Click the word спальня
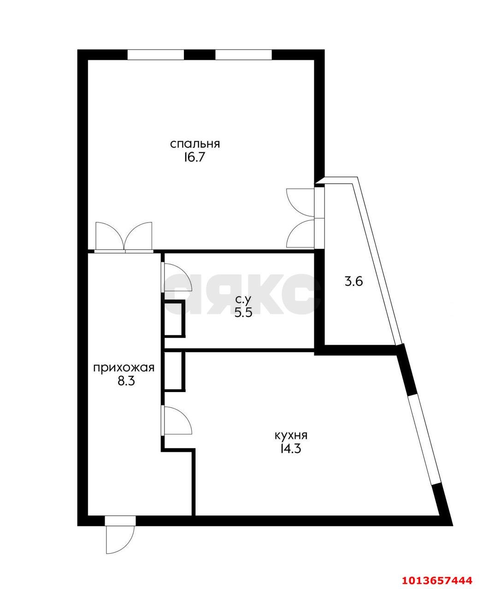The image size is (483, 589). [195, 144]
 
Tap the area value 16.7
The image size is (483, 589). [194, 158]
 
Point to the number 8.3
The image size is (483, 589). [126, 381]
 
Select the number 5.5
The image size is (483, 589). [243, 312]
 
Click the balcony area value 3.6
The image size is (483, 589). [354, 281]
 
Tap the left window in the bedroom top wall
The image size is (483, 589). [156, 54]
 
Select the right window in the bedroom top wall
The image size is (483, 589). [243, 54]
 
